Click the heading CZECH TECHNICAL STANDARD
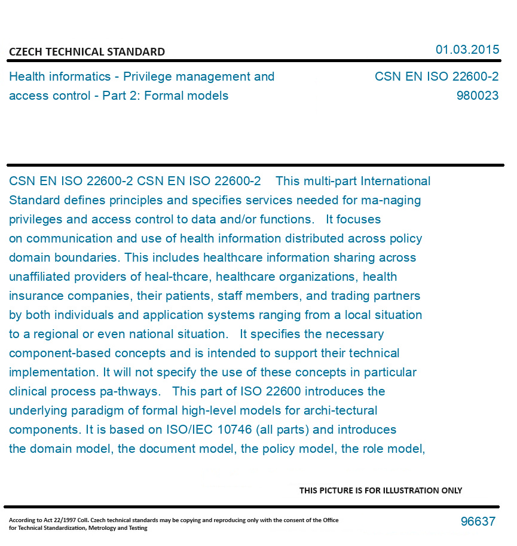[x=87, y=52]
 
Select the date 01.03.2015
[x=467, y=50]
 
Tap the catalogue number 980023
[x=477, y=96]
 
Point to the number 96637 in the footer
[x=478, y=522]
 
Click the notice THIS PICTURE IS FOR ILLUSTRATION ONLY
[x=381, y=490]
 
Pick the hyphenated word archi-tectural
[x=340, y=410]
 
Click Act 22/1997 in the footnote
[x=56, y=520]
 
